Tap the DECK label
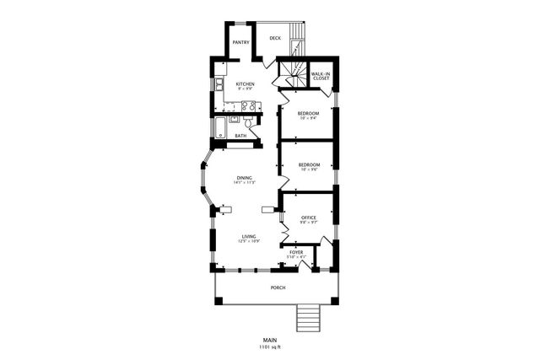tap(275, 38)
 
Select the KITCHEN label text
tap(245, 84)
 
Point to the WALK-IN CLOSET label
tap(320, 76)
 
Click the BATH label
tap(240, 136)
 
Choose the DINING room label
tap(244, 178)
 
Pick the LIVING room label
tap(248, 237)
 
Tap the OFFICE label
tap(308, 218)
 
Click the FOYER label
tap(296, 252)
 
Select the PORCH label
tap(278, 287)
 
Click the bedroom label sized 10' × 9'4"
tap(308, 113)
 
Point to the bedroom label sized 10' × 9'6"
tap(308, 165)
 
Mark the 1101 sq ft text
tap(269, 347)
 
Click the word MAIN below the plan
tap(269, 340)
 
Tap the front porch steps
tap(308, 319)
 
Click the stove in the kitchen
tap(249, 105)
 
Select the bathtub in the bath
tap(221, 129)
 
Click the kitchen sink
tap(219, 84)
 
